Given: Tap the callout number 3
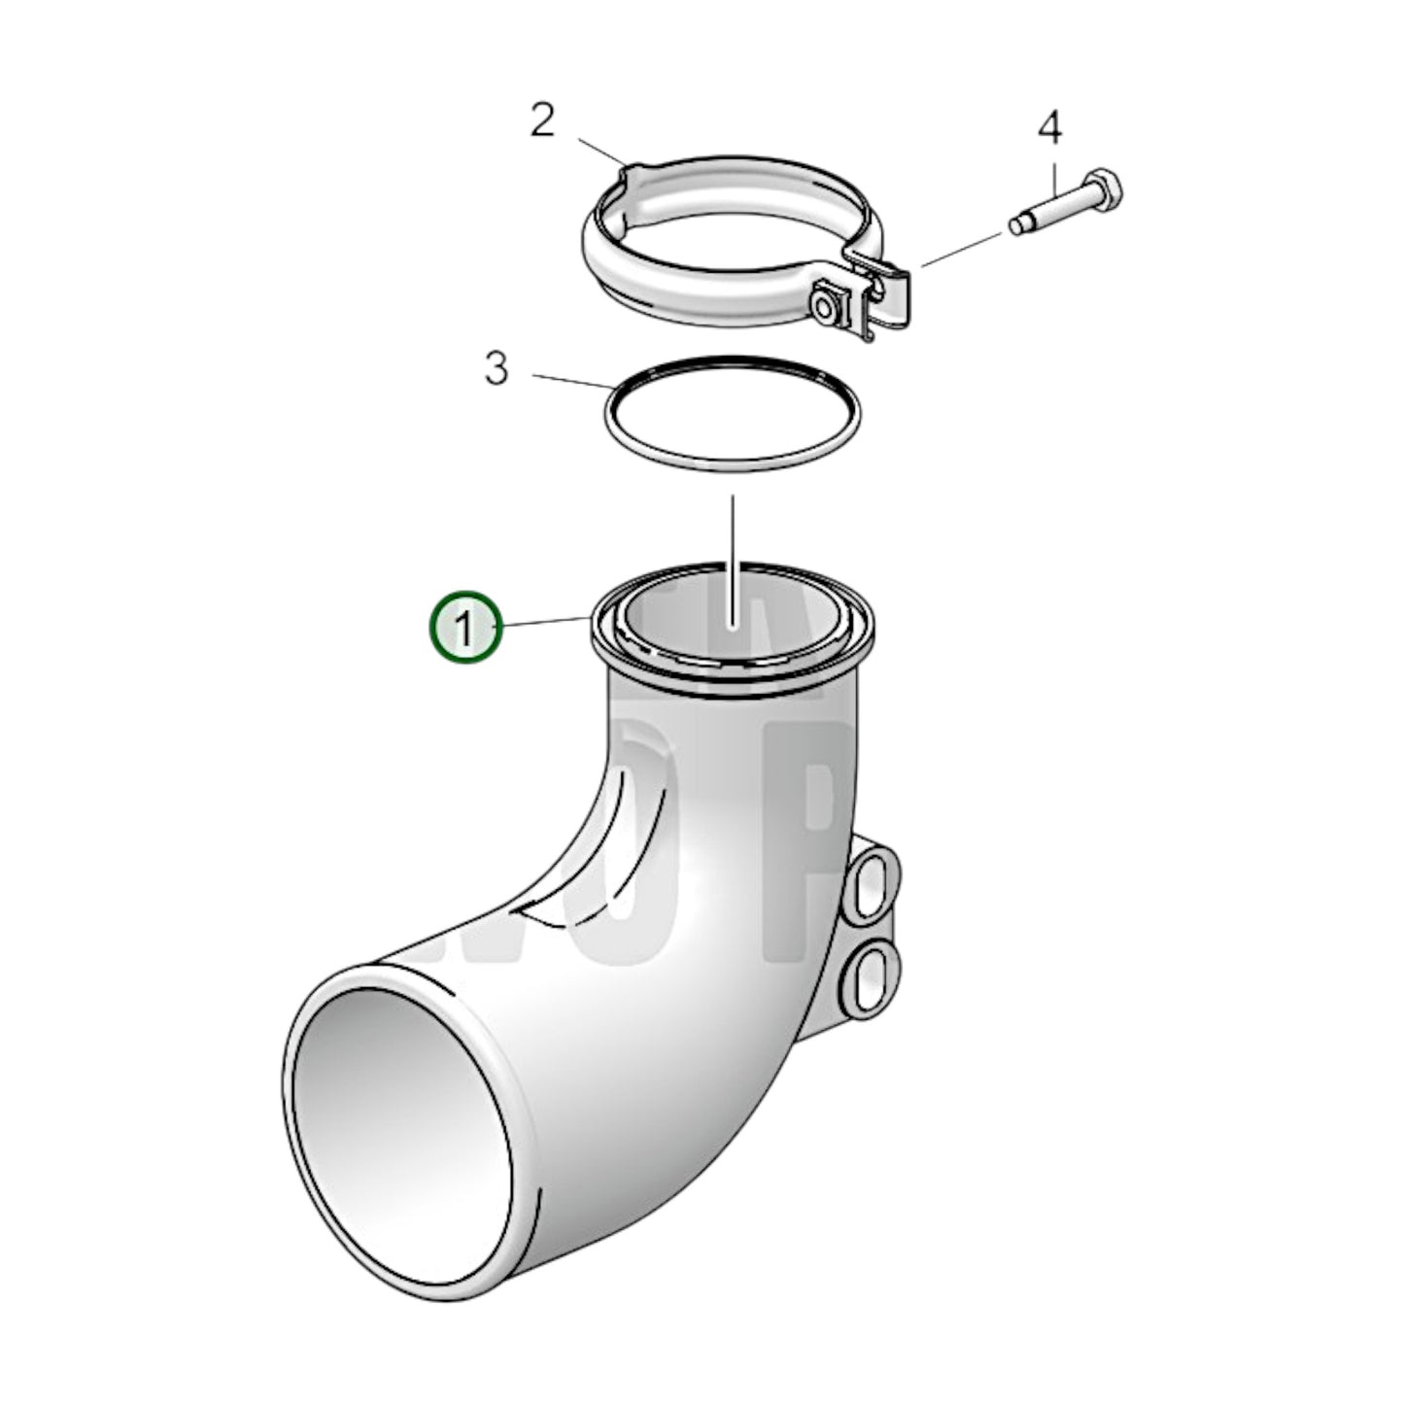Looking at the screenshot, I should (496, 369).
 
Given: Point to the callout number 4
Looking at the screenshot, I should (1049, 128).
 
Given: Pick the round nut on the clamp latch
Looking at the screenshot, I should (826, 305).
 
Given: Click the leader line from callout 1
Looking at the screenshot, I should (544, 622).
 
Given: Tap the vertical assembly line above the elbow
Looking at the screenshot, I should (733, 544).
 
